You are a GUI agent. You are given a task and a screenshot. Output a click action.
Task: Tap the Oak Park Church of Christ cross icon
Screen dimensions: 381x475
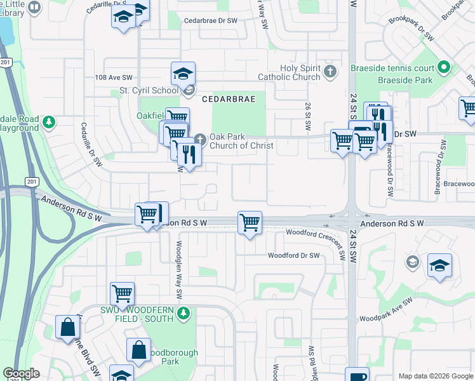(199, 138)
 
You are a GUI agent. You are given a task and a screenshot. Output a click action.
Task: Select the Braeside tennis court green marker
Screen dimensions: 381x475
(443, 67)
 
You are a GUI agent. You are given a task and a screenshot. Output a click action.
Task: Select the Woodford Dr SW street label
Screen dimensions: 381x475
(293, 256)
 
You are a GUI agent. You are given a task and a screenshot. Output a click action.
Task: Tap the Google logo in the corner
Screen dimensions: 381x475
(21, 373)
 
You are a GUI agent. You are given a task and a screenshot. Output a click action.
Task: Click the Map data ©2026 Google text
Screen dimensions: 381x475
(435, 376)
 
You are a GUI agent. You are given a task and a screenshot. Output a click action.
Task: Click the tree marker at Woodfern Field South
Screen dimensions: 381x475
(183, 312)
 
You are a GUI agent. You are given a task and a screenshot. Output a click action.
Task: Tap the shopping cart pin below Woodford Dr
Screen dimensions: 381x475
(122, 294)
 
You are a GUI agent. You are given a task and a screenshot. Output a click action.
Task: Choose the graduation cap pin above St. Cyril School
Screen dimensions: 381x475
(183, 74)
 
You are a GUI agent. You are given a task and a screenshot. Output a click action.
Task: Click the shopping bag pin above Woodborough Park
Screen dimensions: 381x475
(138, 350)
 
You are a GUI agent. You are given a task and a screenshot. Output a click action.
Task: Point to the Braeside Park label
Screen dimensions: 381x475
(405, 81)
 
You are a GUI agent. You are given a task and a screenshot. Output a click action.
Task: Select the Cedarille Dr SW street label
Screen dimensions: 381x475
(91, 145)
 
